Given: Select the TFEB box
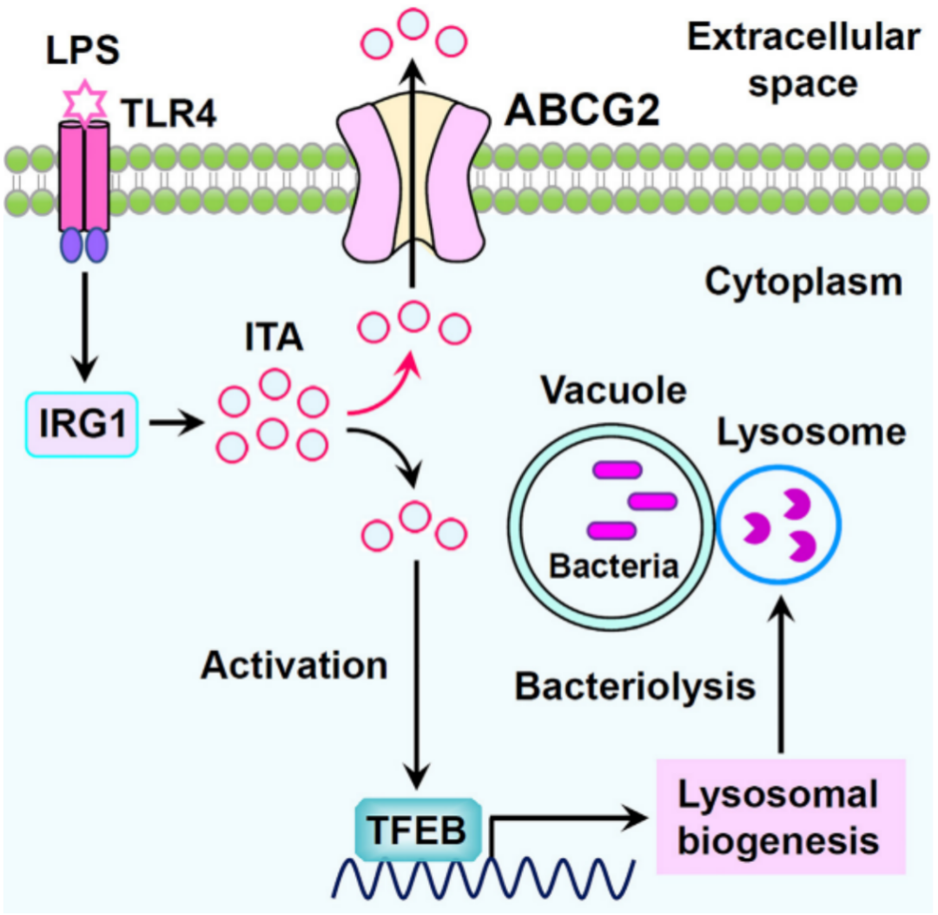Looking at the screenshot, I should [x=421, y=827].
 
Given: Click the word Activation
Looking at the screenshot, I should [x=294, y=665].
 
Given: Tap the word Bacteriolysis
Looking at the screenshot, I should [x=633, y=686].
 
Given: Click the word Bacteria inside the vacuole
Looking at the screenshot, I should [x=614, y=567].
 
